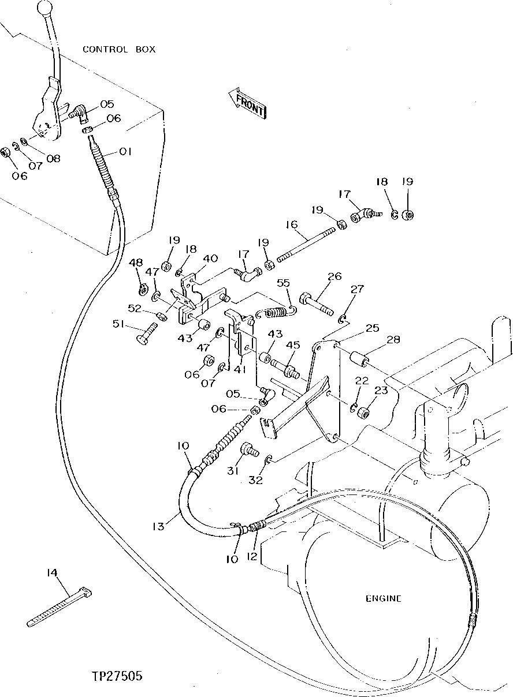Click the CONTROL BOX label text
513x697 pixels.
pyautogui.click(x=119, y=50)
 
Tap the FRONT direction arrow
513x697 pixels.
pyautogui.click(x=247, y=104)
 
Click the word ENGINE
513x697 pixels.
pyautogui.click(x=383, y=599)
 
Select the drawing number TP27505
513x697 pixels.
pyautogui.click(x=117, y=676)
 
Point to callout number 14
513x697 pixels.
pyautogui.click(x=53, y=573)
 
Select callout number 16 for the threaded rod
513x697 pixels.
pyautogui.click(x=291, y=224)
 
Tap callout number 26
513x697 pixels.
pyautogui.click(x=335, y=277)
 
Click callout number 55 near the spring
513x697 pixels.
pyautogui.click(x=283, y=283)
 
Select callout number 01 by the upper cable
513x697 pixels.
pyautogui.click(x=125, y=152)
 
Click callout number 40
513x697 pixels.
pyautogui.click(x=210, y=258)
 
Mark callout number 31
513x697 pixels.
pyautogui.click(x=233, y=470)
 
